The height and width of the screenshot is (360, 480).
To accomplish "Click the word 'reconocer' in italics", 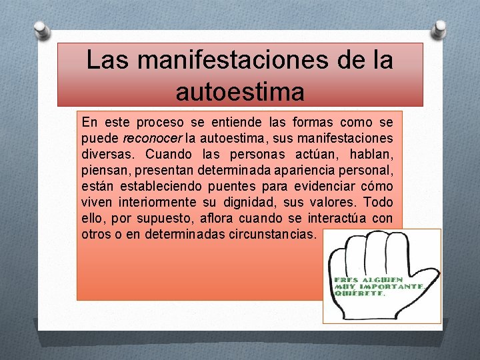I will point(153,139).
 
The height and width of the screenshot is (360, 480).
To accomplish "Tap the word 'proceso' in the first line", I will point(158,123).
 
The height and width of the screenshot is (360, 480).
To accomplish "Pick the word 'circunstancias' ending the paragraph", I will point(275,235).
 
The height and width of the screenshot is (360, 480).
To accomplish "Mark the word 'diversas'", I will point(104,155).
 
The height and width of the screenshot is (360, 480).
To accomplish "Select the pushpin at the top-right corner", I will point(439,29).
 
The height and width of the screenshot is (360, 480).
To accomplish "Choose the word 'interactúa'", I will point(347,219).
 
